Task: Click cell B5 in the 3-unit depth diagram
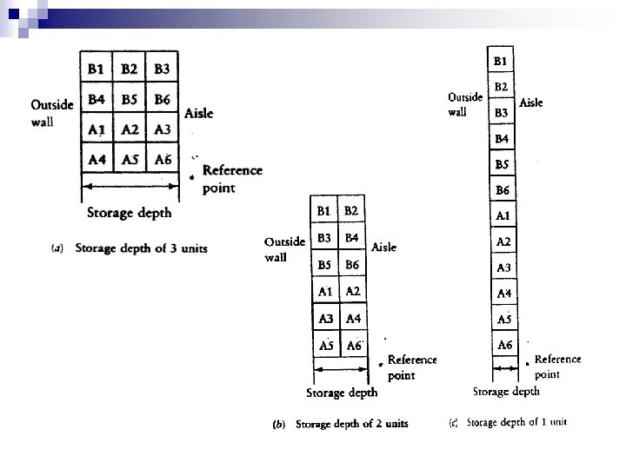pos(130,100)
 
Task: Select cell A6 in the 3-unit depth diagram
pos(162,159)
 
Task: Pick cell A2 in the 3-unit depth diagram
pos(130,129)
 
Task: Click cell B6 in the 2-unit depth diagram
pos(354,264)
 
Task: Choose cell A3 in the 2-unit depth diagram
pos(326,319)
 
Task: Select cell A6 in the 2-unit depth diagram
pos(354,346)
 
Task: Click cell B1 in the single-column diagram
pos(502,61)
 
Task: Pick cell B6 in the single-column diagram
pos(503,190)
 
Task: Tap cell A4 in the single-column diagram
pos(503,294)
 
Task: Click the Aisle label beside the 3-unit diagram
pos(198,113)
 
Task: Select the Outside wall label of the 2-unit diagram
pos(284,248)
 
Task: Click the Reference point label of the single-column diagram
pos(557,367)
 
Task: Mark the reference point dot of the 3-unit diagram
pos(191,177)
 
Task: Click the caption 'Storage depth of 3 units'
pos(141,248)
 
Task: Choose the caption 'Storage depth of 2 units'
pos(351,425)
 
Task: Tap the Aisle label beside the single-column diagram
pos(530,102)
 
